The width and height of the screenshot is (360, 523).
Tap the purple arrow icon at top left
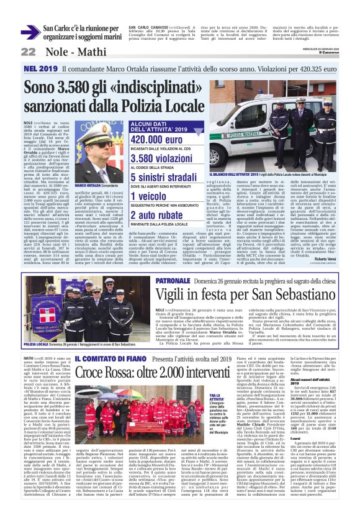(30, 33)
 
